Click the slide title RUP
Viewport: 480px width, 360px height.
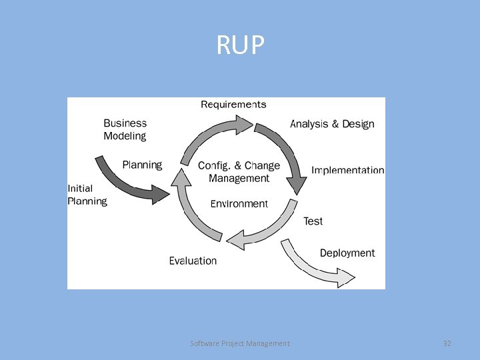[240, 45]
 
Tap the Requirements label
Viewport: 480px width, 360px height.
[233, 104]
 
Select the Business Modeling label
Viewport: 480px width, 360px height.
[125, 129]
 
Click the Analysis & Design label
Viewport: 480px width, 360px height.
[332, 124]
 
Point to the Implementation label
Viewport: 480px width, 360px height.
[347, 171]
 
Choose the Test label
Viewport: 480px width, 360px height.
[313, 221]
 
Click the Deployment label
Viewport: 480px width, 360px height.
[347, 253]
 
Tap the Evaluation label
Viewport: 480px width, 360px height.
[193, 261]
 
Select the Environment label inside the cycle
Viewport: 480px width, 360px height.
[239, 204]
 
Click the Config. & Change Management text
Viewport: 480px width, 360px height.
[239, 172]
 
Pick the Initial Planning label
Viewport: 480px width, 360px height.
[87, 195]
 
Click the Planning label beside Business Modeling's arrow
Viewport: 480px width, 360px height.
[142, 165]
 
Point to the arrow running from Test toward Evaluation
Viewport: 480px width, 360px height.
[267, 230]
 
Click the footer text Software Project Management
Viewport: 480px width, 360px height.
[240, 343]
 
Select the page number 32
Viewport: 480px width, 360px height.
[447, 343]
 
